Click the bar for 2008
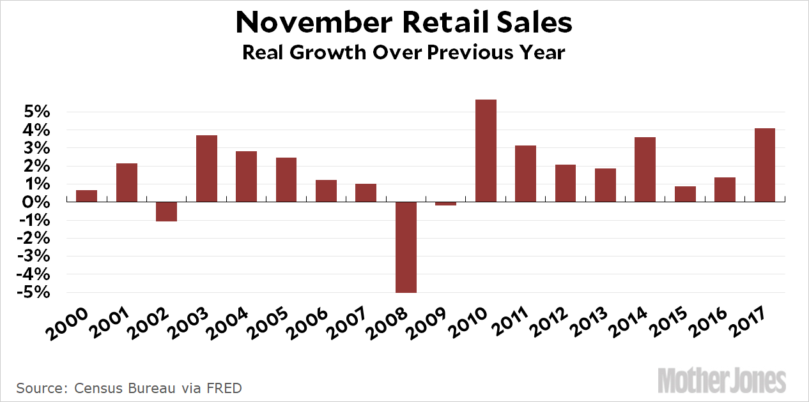coord(406,247)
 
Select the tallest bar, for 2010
coord(486,151)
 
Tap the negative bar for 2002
coord(166,211)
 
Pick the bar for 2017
coord(765,165)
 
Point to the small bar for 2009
coord(446,204)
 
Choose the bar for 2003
coord(206,168)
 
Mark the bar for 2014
coord(645,170)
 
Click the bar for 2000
coord(86,196)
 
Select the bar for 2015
coord(685,194)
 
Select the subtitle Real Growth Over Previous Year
coord(404,52)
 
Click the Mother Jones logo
coord(721,381)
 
